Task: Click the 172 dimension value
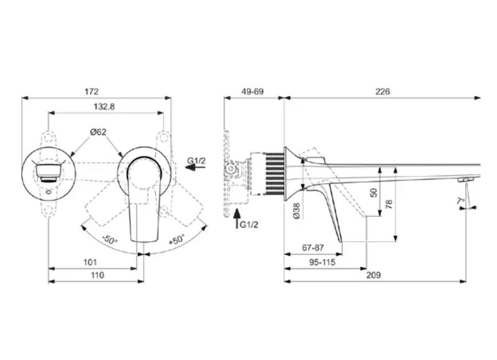(x=91, y=91)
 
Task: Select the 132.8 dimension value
(x=104, y=107)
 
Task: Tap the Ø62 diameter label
(x=98, y=132)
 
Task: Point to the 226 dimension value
(x=383, y=91)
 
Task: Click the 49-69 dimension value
(x=252, y=91)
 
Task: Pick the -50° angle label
(x=109, y=239)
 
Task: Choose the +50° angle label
(x=176, y=239)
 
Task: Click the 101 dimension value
(x=90, y=262)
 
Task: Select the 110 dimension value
(x=97, y=275)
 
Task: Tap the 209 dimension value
(x=373, y=275)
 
